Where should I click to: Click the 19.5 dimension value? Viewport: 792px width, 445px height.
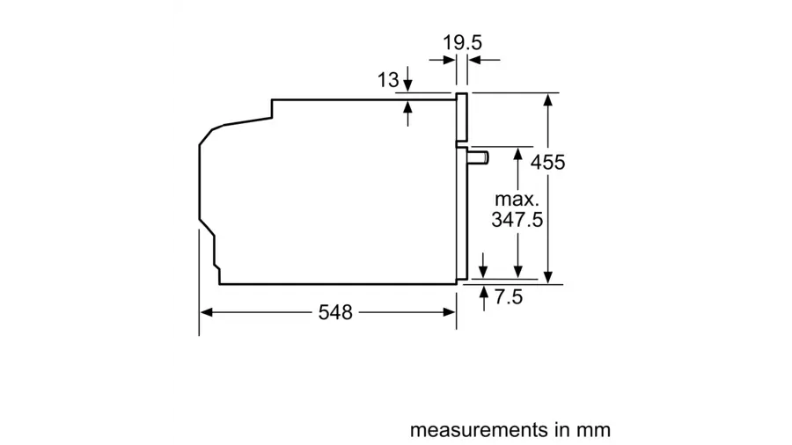click(x=462, y=42)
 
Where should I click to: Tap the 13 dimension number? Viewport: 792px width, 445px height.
click(x=388, y=80)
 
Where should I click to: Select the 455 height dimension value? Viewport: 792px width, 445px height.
click(x=548, y=163)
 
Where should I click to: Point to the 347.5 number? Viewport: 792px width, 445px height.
click(x=517, y=220)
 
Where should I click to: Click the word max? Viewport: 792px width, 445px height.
click(x=517, y=200)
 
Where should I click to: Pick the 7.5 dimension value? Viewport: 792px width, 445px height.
click(x=508, y=296)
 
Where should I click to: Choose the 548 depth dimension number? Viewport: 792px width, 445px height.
click(x=335, y=313)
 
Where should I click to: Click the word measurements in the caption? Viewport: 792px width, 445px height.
click(x=479, y=430)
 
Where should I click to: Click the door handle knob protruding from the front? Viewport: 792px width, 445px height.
click(x=479, y=157)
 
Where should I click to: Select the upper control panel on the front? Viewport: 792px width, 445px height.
click(x=462, y=117)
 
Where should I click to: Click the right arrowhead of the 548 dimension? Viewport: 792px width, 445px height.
click(x=450, y=313)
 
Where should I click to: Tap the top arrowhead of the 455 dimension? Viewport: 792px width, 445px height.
click(x=548, y=99)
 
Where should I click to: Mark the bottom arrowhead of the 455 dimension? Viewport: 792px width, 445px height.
click(x=548, y=277)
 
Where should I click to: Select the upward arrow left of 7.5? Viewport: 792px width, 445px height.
click(x=484, y=297)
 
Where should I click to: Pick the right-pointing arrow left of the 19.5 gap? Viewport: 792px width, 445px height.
click(x=443, y=60)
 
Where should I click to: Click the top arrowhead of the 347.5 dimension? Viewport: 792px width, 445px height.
click(x=517, y=154)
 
